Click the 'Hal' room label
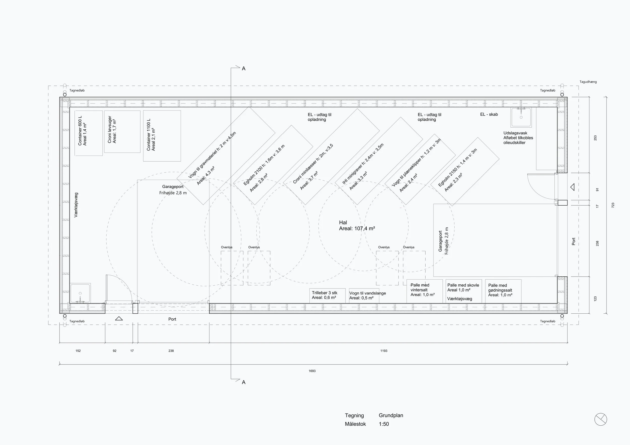343,223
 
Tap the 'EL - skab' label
489,115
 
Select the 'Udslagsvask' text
515,133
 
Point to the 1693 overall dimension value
312,371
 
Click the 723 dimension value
613,205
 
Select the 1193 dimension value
384,351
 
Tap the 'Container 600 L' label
80,131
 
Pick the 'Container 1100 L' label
149,135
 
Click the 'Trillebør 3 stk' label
325,293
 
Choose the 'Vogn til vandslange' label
367,293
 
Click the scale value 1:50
384,424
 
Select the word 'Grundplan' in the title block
391,415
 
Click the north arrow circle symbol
601,420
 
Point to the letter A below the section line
244,382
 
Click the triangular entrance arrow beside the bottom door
119,318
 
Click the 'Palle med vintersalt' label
420,287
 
